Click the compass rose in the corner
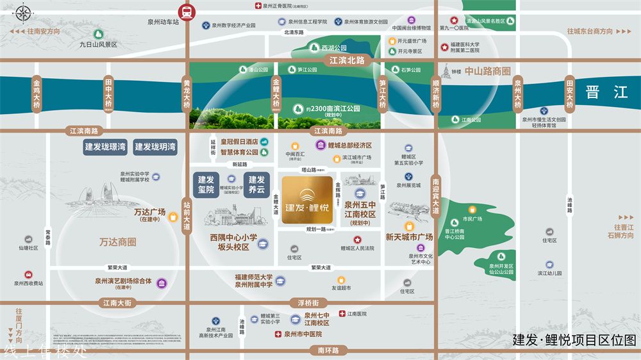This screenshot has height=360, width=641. [24, 12]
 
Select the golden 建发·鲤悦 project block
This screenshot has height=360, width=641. [306, 200]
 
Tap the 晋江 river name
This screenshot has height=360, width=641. [606, 92]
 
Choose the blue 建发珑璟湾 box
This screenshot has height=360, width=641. [106, 147]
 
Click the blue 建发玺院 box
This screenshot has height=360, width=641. [206, 184]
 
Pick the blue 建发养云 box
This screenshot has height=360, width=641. [256, 184]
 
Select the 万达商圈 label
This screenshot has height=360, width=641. [118, 242]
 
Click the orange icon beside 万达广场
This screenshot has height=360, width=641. [172, 217]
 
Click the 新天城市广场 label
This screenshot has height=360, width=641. [409, 237]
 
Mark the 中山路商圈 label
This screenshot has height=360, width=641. [488, 71]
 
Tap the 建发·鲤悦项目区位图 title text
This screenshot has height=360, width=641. [574, 340]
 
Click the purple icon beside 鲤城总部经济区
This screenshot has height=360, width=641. [320, 146]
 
